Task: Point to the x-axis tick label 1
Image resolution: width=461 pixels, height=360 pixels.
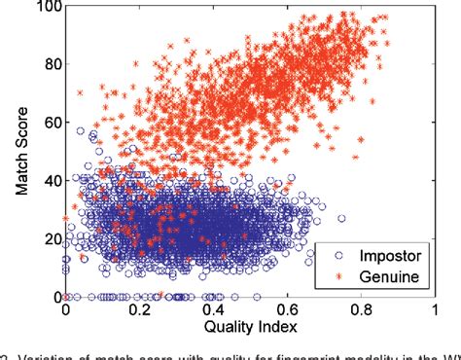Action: [435, 308]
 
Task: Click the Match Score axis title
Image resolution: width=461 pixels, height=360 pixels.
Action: [20, 151]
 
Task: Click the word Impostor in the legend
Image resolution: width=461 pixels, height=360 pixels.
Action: [379, 257]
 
